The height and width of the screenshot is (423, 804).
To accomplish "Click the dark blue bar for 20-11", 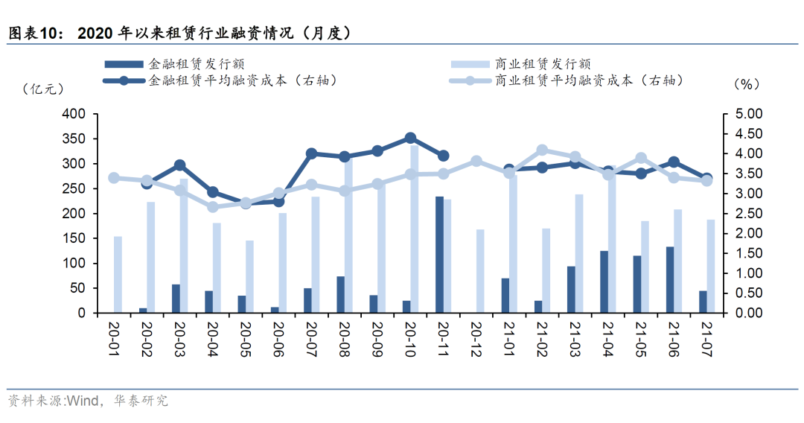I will (x=439, y=255).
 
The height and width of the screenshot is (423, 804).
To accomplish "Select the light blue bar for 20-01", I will (x=118, y=274).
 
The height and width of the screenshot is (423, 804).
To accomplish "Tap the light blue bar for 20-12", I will (x=480, y=271).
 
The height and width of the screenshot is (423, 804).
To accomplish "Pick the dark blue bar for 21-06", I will (x=670, y=279).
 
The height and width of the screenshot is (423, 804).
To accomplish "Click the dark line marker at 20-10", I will (x=410, y=139).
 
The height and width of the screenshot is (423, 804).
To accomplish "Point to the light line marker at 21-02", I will (x=542, y=150).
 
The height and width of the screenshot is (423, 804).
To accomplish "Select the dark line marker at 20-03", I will (x=179, y=165).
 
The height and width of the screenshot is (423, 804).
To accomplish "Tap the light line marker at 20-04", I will (x=213, y=207).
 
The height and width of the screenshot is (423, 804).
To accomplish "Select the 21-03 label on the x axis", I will (x=575, y=340).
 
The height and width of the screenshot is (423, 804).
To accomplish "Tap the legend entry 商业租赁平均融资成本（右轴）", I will (x=588, y=80).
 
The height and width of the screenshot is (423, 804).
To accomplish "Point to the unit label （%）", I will (x=745, y=84).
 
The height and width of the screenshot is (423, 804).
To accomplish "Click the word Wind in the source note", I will (x=84, y=401).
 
